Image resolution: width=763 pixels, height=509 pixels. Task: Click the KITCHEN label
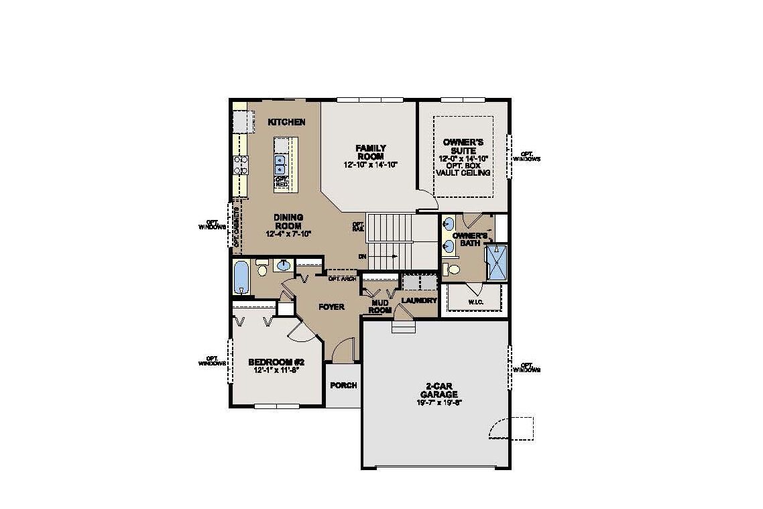pyautogui.click(x=286, y=122)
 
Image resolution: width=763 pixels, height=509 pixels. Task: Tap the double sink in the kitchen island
pyautogui.click(x=281, y=162)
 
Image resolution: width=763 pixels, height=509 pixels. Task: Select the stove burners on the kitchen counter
pyautogui.click(x=239, y=165)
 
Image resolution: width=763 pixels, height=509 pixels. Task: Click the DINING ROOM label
pyautogui.click(x=289, y=221)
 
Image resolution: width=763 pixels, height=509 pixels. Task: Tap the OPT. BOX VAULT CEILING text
pyautogui.click(x=463, y=168)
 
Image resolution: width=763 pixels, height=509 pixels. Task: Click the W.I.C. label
pyautogui.click(x=475, y=302)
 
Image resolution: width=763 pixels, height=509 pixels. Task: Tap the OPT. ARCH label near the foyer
pyautogui.click(x=342, y=278)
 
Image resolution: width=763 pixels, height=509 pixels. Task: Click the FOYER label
pyautogui.click(x=331, y=307)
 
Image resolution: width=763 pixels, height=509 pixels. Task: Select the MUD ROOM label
pyautogui.click(x=380, y=306)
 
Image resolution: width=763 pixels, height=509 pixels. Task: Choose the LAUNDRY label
pyautogui.click(x=419, y=300)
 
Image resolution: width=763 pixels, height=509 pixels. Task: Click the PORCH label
pyautogui.click(x=343, y=386)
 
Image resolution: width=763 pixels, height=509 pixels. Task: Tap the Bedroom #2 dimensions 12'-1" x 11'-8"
pyautogui.click(x=276, y=369)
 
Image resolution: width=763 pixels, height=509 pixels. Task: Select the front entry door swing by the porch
pyautogui.click(x=342, y=349)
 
